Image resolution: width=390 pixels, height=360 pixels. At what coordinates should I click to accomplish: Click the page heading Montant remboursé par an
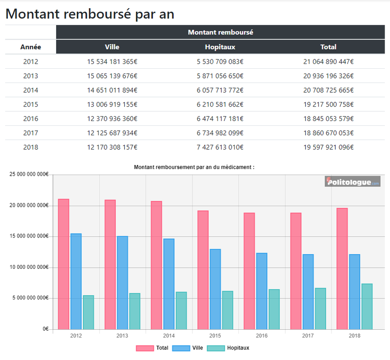click(x=89, y=14)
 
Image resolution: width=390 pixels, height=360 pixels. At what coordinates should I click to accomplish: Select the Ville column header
click(x=112, y=47)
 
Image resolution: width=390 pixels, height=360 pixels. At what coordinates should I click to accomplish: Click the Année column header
click(x=31, y=47)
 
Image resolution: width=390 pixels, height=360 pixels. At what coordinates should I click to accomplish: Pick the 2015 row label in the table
click(x=31, y=104)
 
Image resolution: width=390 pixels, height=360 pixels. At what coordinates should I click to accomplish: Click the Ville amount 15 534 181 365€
click(x=112, y=62)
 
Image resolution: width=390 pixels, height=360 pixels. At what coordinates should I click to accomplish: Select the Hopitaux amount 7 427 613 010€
click(x=220, y=147)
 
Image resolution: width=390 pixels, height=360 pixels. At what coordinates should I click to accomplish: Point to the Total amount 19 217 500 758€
click(x=328, y=104)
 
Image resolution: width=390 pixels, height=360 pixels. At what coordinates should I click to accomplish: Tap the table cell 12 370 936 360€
click(x=112, y=119)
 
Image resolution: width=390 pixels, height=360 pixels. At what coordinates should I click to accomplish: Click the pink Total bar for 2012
click(x=63, y=264)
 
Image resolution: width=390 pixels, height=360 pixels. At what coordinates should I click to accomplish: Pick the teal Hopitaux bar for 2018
click(x=367, y=306)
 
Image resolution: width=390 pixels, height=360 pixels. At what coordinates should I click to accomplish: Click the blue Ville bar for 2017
click(x=308, y=292)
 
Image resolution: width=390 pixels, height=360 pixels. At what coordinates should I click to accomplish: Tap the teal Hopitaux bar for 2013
click(x=135, y=311)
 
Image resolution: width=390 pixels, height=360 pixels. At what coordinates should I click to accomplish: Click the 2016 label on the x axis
click(x=261, y=336)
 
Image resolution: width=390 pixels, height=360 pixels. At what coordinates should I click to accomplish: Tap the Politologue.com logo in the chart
click(x=352, y=182)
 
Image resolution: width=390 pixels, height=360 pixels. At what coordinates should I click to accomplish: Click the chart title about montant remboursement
click(x=194, y=167)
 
